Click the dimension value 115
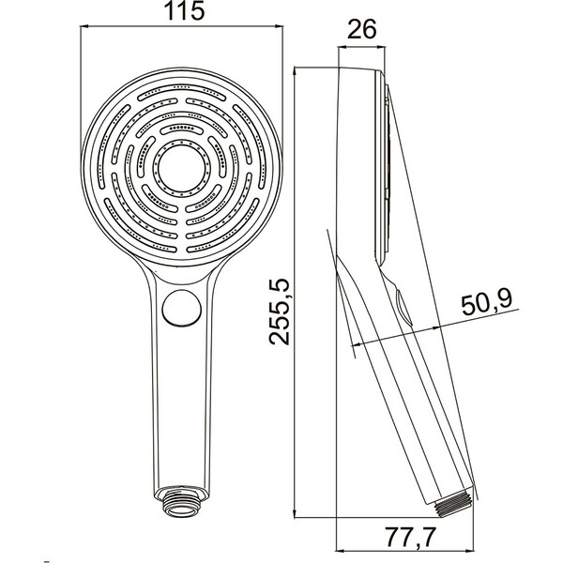184,10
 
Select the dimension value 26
362,29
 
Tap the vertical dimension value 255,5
280,312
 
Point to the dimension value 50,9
487,304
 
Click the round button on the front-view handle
182,308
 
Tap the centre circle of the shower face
181,169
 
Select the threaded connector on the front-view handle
182,502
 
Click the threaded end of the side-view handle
454,503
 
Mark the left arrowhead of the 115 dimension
84,26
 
